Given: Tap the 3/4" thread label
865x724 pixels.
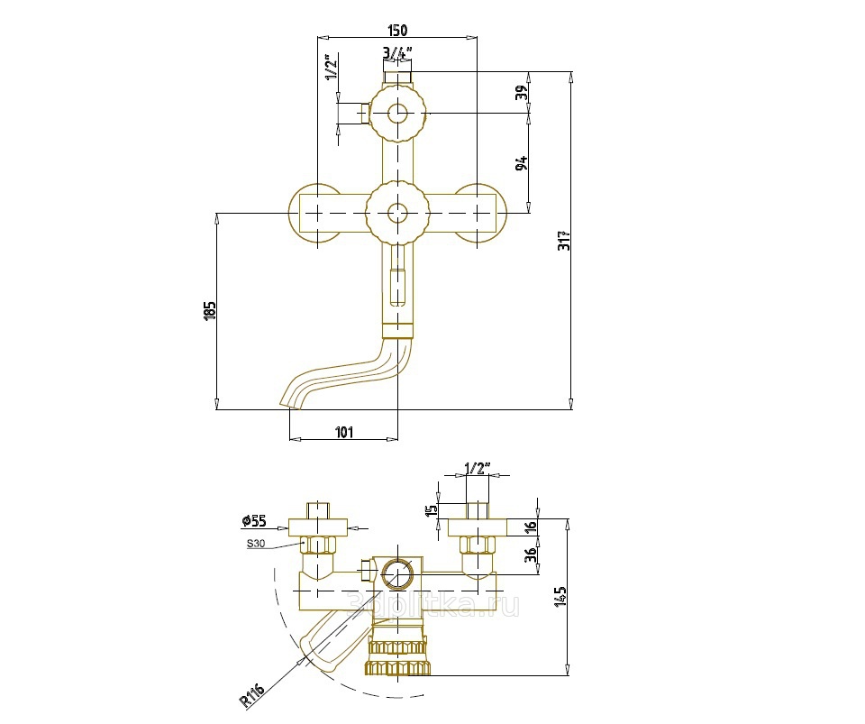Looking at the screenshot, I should pos(396,52).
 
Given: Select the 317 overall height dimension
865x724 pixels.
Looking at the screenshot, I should pos(565,241).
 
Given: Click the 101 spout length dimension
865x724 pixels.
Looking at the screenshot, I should pos(343,433).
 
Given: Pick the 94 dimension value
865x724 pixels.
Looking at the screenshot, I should pos(521,163).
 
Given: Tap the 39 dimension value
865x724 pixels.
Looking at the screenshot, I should pos(521,94).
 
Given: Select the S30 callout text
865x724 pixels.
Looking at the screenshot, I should pos(258,544).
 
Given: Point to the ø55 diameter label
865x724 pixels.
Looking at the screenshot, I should pos(254,520).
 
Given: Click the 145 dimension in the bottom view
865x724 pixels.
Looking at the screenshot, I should pos(560,595).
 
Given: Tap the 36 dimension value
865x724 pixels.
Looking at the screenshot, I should pos(531,556).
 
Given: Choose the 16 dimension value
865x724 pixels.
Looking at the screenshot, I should pos(531,527).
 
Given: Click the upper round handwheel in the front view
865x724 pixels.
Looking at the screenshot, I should pos(396,115).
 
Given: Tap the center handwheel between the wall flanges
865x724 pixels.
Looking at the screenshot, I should pos(396,213).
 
